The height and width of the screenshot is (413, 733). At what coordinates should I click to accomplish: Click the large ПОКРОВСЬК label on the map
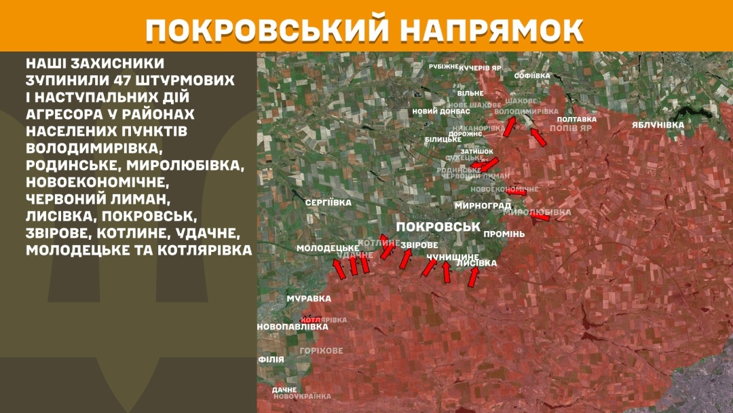click(437, 227)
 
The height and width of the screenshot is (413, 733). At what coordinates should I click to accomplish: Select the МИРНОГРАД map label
click(484, 205)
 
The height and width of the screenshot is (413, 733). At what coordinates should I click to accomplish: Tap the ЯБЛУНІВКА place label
click(658, 125)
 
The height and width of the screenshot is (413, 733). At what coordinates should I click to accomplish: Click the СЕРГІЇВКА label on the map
click(328, 202)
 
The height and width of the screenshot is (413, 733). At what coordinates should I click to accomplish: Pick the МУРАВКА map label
click(309, 298)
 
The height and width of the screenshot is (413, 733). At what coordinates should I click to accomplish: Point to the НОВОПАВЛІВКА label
click(293, 327)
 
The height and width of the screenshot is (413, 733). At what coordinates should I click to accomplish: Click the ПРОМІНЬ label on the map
click(504, 234)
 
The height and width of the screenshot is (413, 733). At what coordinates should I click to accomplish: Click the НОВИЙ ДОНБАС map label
click(441, 111)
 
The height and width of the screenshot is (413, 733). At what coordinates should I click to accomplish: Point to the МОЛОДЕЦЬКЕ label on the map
click(328, 249)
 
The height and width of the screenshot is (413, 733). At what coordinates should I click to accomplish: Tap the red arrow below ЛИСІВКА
click(473, 276)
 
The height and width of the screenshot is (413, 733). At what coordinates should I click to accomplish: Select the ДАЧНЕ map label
click(284, 389)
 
